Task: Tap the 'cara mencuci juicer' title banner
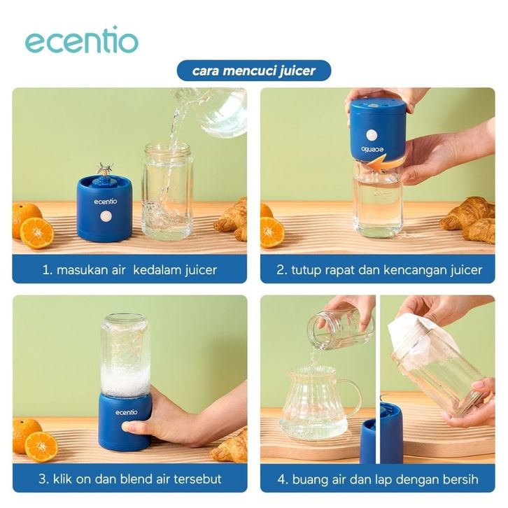tap(254, 70)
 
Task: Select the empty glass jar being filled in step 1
tap(168, 191)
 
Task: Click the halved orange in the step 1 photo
tap(36, 233)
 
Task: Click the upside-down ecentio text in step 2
tap(372, 149)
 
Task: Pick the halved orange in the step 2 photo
tap(271, 232)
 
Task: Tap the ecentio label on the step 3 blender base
tap(127, 412)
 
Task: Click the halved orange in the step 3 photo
tap(41, 446)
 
